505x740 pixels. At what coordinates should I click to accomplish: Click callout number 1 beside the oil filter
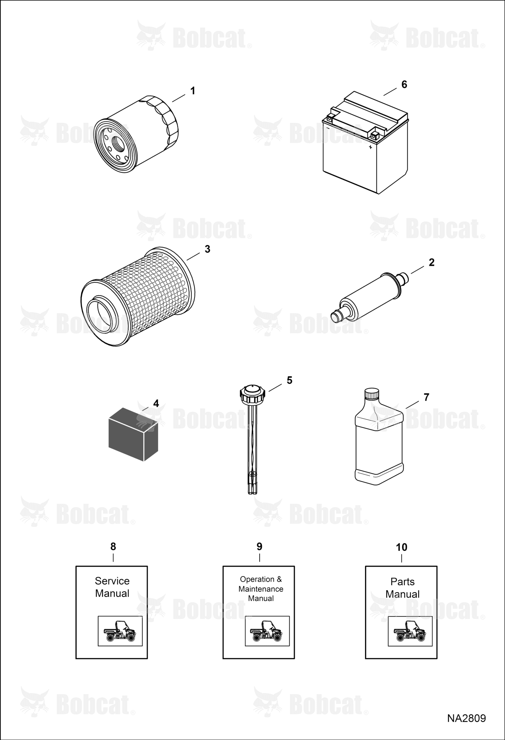(192, 91)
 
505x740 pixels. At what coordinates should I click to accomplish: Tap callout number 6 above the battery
(404, 84)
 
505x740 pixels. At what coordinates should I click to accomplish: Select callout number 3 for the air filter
(207, 249)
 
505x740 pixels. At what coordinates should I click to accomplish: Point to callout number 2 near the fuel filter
(432, 262)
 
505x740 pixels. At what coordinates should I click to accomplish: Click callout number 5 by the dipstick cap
(290, 380)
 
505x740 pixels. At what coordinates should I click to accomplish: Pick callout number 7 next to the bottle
(426, 397)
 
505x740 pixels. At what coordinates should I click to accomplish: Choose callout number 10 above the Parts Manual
(402, 547)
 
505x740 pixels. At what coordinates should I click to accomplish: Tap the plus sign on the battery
(370, 147)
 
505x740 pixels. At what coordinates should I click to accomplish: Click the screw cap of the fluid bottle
(372, 394)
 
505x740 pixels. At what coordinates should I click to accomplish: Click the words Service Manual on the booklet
(112, 587)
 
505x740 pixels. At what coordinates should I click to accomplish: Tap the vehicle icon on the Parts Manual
(410, 631)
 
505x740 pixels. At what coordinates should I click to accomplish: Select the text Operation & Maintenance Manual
(261, 589)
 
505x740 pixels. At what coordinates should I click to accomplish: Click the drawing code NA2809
(467, 718)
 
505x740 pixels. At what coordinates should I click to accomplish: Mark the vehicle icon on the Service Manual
(120, 631)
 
